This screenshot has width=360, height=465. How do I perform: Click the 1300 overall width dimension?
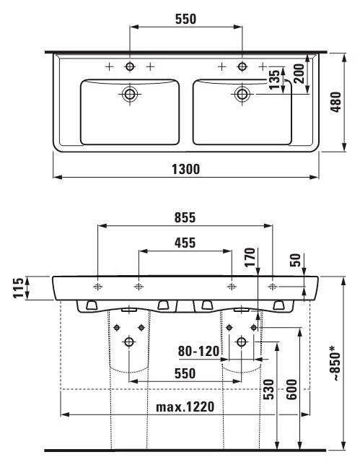point(185,168)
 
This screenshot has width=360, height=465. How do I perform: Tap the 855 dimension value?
point(185,217)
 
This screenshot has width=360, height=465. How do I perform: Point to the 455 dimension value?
point(185,243)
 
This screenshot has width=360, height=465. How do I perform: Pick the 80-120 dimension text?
point(198,352)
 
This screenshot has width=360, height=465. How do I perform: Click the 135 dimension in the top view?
point(275,80)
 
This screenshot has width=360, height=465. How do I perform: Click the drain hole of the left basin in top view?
point(131,93)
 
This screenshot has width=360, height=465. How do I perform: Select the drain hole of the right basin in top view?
point(241,93)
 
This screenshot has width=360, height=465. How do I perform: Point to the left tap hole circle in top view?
point(131,66)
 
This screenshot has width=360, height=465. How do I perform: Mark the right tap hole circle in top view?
point(241,66)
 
